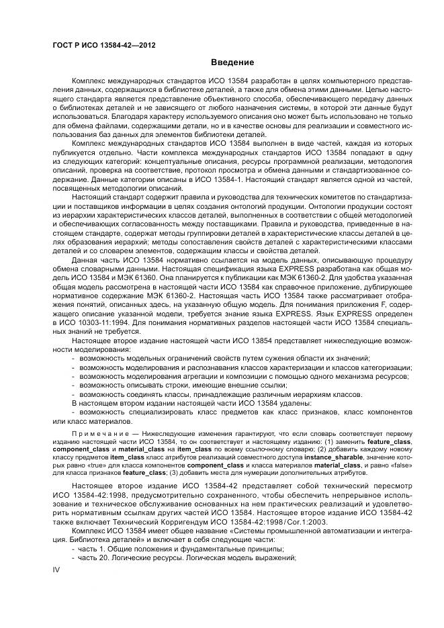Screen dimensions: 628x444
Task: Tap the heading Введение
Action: point(232,62)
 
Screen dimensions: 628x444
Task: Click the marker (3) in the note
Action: point(173,472)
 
